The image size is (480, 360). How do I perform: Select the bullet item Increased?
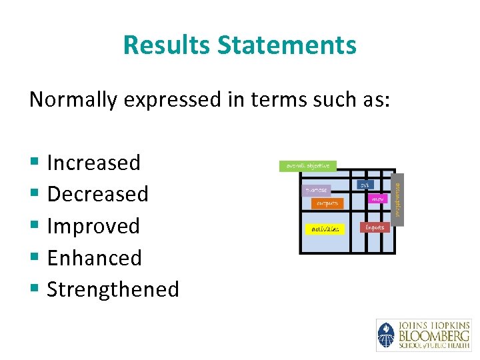pyautogui.click(x=93, y=163)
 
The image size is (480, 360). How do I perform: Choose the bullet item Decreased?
pyautogui.click(x=97, y=194)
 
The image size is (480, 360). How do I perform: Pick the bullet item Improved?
pyautogui.click(x=93, y=226)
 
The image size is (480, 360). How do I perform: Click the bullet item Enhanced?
pyautogui.click(x=94, y=257)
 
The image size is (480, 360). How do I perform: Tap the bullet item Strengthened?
pyautogui.click(x=113, y=289)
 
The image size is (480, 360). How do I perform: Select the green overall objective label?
pyautogui.click(x=307, y=166)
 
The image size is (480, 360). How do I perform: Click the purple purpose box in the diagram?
pyautogui.click(x=316, y=190)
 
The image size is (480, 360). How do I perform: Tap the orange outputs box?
pyautogui.click(x=327, y=203)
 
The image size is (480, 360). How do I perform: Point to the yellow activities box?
pyautogui.click(x=325, y=229)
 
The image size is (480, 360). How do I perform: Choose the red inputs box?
pyautogui.click(x=374, y=227)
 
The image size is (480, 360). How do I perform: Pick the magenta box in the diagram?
pyautogui.click(x=377, y=199)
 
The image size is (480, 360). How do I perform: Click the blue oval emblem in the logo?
pyautogui.click(x=386, y=335)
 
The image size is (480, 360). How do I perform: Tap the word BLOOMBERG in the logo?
pyautogui.click(x=433, y=335)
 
